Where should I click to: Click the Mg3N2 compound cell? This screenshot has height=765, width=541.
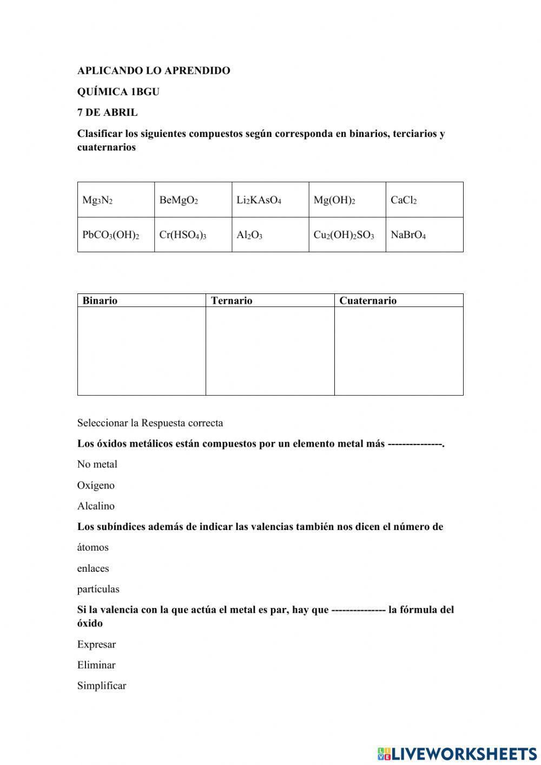tap(97, 200)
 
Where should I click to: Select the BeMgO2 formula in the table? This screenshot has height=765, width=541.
tap(179, 200)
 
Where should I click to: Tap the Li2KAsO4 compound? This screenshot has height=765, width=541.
tap(259, 200)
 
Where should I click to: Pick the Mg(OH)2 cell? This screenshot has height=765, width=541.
tap(334, 200)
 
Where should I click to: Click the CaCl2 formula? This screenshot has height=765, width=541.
tap(404, 200)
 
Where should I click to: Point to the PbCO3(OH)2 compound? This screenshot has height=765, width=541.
tap(111, 235)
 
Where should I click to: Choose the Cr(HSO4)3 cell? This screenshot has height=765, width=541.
tap(183, 235)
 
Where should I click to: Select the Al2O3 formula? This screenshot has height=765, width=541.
tap(249, 235)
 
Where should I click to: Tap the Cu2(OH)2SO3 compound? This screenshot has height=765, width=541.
tap(344, 235)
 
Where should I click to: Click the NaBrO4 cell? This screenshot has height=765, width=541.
tap(408, 235)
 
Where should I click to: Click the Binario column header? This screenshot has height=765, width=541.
tap(100, 300)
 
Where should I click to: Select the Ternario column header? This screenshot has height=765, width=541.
tap(232, 300)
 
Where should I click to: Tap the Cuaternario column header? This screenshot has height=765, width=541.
tap(368, 300)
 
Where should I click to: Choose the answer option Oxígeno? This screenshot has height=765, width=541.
tap(96, 486)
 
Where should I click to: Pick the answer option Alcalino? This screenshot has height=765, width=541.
tap(96, 506)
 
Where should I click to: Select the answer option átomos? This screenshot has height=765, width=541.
tap(93, 547)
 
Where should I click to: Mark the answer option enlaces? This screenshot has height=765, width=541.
tap(93, 568)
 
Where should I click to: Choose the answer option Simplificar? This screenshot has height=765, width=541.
tap(102, 686)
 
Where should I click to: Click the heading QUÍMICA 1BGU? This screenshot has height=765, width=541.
tap(118, 91)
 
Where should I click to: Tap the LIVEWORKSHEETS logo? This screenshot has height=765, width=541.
tap(457, 753)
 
